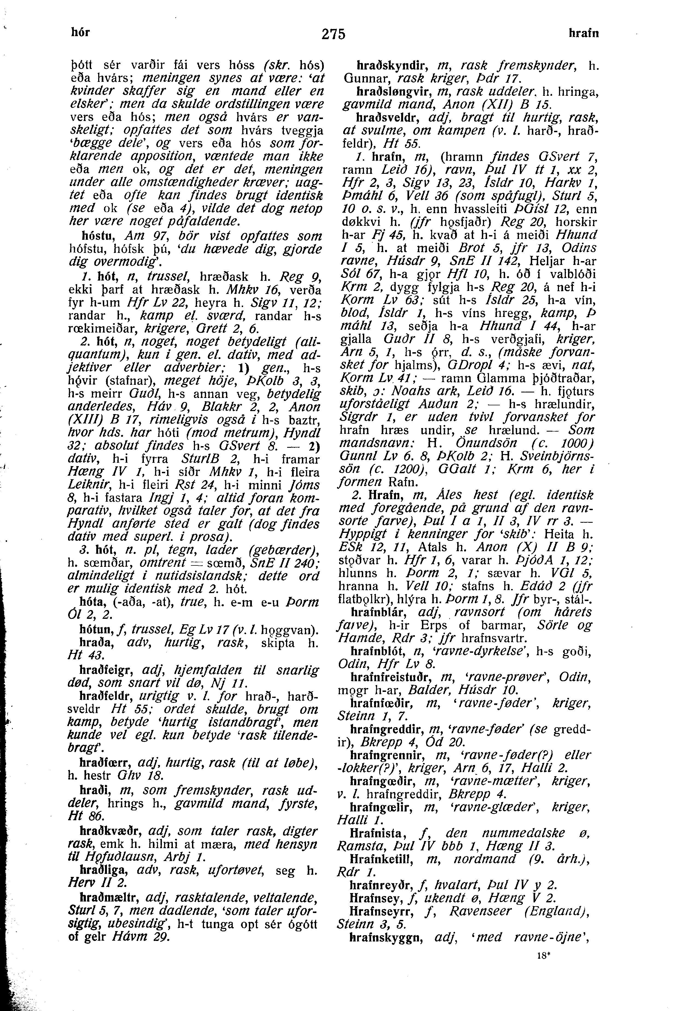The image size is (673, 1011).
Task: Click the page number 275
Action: click(x=333, y=34)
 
